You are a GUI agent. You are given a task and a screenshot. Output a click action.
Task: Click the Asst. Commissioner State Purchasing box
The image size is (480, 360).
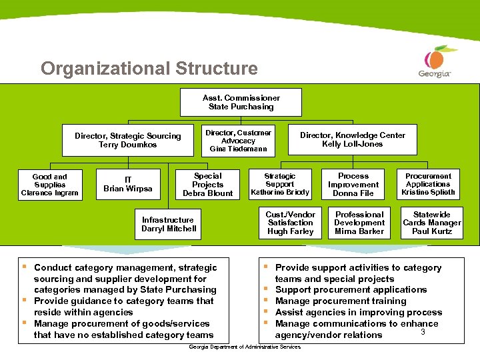pos(241,102)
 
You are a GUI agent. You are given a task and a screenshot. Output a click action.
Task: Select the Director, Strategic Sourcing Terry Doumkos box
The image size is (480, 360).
pos(127,140)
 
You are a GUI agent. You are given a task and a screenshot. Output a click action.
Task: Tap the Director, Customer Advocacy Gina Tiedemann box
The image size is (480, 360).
pos(238,141)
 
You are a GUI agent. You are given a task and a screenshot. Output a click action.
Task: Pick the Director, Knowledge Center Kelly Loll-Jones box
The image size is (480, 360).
pos(352,139)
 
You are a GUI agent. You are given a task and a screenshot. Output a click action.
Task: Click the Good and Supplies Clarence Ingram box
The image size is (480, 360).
pos(49,185)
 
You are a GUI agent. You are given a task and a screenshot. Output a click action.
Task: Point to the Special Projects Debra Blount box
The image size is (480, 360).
pos(207,185)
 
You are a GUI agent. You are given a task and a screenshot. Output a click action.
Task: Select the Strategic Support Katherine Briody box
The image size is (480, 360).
pos(279,185)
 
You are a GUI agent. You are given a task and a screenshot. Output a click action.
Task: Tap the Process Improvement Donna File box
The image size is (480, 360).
pos(353,185)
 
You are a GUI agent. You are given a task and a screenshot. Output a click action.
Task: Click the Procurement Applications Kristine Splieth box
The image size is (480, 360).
pos(428,185)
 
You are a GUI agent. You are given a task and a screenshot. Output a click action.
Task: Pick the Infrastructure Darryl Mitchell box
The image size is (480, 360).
pos(169,224)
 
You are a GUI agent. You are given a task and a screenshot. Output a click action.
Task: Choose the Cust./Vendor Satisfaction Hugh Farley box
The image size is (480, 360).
pos(290,223)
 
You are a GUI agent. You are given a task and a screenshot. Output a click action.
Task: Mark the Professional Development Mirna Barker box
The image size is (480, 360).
pos(359,223)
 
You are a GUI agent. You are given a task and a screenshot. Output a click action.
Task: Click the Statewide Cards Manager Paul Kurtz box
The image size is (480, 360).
pos(431,223)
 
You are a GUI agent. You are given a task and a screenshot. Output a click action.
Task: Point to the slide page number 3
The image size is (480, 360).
pos(423,331)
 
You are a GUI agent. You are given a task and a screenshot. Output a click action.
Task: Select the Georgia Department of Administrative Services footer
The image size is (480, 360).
pos(245,347)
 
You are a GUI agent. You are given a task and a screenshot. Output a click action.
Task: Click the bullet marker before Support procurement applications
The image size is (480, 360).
pos(265,289)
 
